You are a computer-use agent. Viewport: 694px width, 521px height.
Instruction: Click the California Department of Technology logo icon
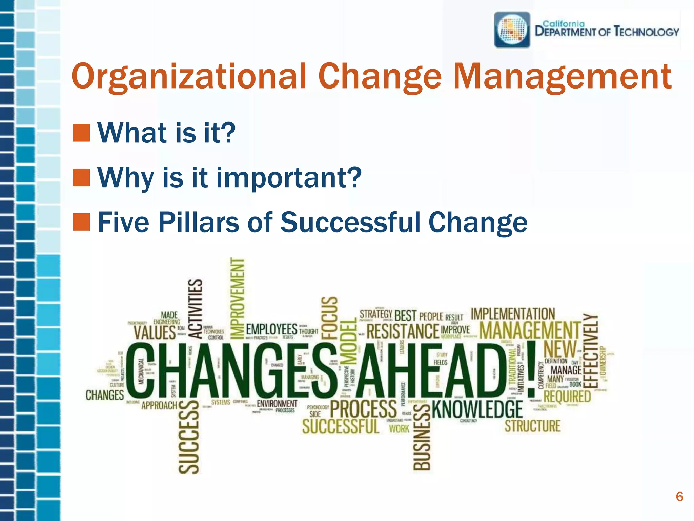(x=512, y=30)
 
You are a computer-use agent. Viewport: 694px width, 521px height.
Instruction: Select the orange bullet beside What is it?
(x=81, y=133)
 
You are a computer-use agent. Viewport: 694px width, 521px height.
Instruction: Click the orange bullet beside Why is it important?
(x=81, y=178)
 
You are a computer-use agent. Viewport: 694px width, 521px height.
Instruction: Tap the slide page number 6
(x=679, y=497)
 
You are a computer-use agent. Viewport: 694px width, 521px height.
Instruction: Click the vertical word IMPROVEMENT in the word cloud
(x=237, y=298)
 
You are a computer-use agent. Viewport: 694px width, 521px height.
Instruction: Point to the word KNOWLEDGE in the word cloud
(x=477, y=409)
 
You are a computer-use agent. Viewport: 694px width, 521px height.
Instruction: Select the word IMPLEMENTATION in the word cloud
(x=513, y=314)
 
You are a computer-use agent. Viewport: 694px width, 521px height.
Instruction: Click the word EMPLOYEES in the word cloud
(x=271, y=329)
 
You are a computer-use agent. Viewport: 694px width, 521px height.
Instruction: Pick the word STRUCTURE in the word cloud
(x=532, y=426)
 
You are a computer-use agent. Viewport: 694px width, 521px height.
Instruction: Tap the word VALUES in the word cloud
(x=155, y=332)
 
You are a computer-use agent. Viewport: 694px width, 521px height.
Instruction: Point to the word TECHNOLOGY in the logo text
(x=646, y=32)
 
